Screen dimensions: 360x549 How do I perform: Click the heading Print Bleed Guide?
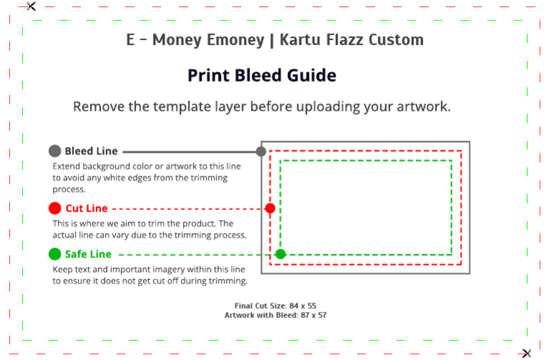click(262, 76)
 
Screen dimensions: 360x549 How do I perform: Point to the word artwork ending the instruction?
click(421, 107)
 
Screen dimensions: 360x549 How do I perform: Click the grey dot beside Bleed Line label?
click(54, 151)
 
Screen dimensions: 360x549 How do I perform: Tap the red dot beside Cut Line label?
click(54, 209)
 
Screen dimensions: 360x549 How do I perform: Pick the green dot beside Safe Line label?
click(54, 254)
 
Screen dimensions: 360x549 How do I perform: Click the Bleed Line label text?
click(91, 151)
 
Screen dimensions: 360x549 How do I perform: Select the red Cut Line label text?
click(86, 209)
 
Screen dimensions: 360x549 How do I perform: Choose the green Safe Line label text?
click(88, 254)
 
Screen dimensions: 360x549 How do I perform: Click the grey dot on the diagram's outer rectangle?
click(261, 151)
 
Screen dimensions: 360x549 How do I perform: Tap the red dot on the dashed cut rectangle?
click(270, 209)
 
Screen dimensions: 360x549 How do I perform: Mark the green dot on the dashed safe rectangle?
click(280, 254)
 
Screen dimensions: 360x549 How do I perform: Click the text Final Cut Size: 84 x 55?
click(275, 306)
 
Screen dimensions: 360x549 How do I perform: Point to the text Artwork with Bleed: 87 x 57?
click(275, 314)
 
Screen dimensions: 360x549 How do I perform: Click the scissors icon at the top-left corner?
click(31, 6)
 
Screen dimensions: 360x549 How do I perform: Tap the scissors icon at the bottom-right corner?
click(527, 353)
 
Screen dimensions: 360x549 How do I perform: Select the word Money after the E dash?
click(172, 40)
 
